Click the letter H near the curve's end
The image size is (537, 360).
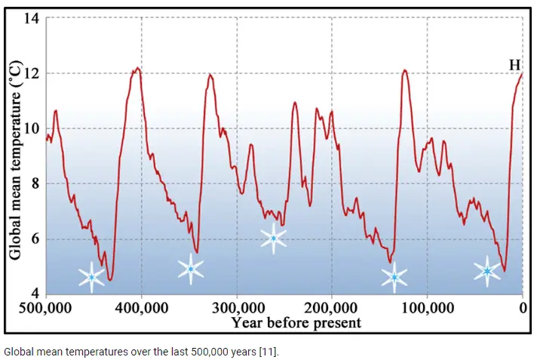[x=515, y=66]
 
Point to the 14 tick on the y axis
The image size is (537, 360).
[x=32, y=18]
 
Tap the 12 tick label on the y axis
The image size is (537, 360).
[x=32, y=73]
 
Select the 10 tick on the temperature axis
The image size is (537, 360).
[x=32, y=128]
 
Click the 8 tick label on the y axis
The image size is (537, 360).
[x=35, y=183]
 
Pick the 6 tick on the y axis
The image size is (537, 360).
[x=35, y=239]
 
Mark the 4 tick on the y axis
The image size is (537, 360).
[x=35, y=294]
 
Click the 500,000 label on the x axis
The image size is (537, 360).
[x=47, y=309]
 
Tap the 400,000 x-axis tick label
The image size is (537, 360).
[x=141, y=309]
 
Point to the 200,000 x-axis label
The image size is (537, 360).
[x=332, y=309]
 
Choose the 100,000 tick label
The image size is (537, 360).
[x=427, y=309]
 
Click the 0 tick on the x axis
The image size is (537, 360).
[x=523, y=309]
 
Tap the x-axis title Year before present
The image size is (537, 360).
[x=296, y=323]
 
